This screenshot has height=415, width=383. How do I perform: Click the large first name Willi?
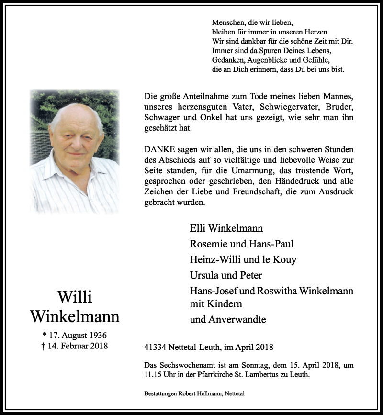pos(74,297)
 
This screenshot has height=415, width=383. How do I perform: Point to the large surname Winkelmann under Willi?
pos(74,316)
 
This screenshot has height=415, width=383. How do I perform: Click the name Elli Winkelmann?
pos(226,228)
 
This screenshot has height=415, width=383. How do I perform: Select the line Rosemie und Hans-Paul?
pos(242,244)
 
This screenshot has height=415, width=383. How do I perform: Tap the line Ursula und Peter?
pos(226,275)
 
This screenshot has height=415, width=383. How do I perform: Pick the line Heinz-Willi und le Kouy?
pos(243,259)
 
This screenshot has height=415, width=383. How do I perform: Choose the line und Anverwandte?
pos(228,319)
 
